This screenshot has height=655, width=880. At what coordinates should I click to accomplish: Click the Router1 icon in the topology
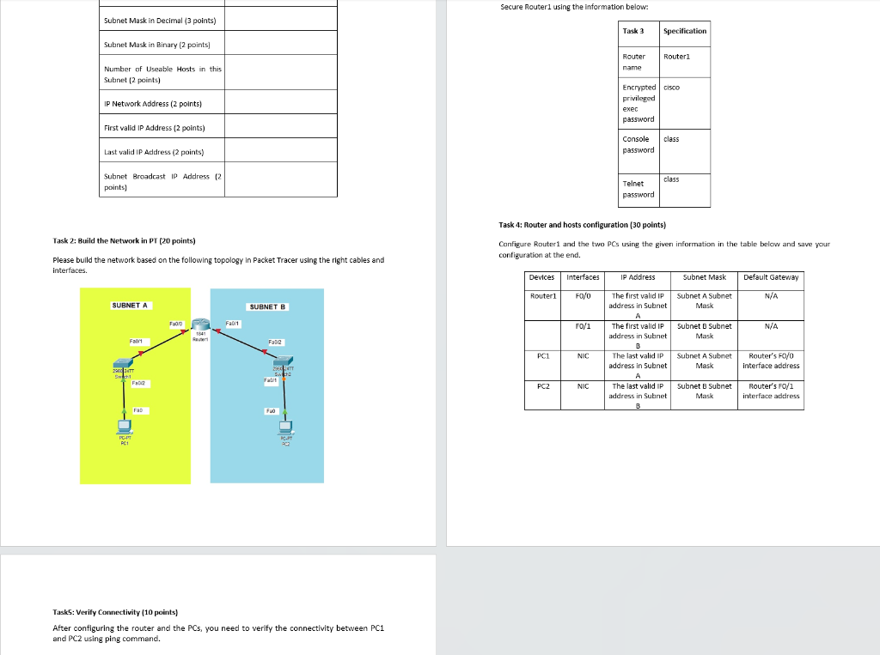pyautogui.click(x=201, y=324)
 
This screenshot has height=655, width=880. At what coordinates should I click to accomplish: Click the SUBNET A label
pyautogui.click(x=129, y=306)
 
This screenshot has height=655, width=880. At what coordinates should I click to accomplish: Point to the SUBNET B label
pyautogui.click(x=266, y=306)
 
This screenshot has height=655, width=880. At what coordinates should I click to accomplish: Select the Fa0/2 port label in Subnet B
pyautogui.click(x=275, y=342)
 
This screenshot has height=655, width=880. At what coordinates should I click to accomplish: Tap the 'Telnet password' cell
pyautogui.click(x=638, y=189)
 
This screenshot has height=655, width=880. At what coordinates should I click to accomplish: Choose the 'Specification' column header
pyautogui.click(x=684, y=31)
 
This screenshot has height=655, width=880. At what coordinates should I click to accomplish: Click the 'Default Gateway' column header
pyautogui.click(x=770, y=277)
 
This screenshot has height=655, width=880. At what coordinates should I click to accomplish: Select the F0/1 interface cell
pyautogui.click(x=583, y=326)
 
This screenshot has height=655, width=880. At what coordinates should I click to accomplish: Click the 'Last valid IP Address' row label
pyautogui.click(x=154, y=152)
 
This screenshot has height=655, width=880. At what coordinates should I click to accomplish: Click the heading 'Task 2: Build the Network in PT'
pyautogui.click(x=128, y=240)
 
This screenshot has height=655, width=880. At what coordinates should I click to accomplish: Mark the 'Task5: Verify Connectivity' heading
pyautogui.click(x=115, y=612)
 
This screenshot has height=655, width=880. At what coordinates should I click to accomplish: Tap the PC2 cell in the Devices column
pyautogui.click(x=542, y=386)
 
